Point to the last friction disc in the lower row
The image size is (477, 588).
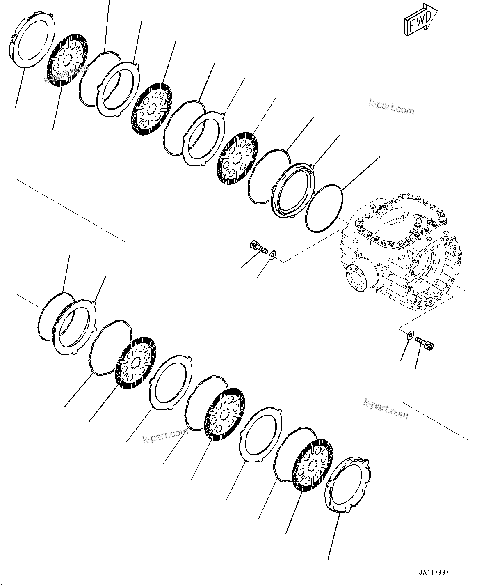click(313, 465)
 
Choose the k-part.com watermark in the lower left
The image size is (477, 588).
click(165, 436)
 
